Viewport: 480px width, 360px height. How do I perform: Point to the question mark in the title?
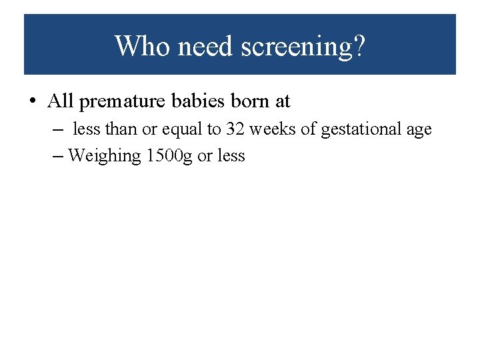[359, 46]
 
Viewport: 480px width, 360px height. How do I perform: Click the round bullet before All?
[31, 102]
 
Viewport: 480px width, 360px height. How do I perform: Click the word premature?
[123, 102]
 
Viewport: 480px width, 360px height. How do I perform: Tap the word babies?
[198, 101]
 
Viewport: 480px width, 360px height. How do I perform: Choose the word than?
[121, 129]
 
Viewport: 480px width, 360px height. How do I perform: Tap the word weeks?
[273, 129]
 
